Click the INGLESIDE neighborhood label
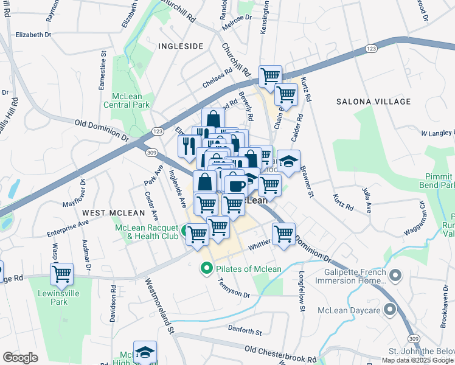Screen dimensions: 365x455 pos(180,46)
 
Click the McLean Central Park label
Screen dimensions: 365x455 pos(130,100)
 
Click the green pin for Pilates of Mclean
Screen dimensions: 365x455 pos(207,268)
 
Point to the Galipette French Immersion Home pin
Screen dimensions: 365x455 pos(395,277)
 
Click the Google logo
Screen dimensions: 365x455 pos(20,358)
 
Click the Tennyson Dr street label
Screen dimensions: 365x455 pos(234,288)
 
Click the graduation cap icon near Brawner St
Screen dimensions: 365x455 pos(288,161)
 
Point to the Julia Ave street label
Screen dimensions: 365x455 pos(367,201)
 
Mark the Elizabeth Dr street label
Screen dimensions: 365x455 pos(33,35)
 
